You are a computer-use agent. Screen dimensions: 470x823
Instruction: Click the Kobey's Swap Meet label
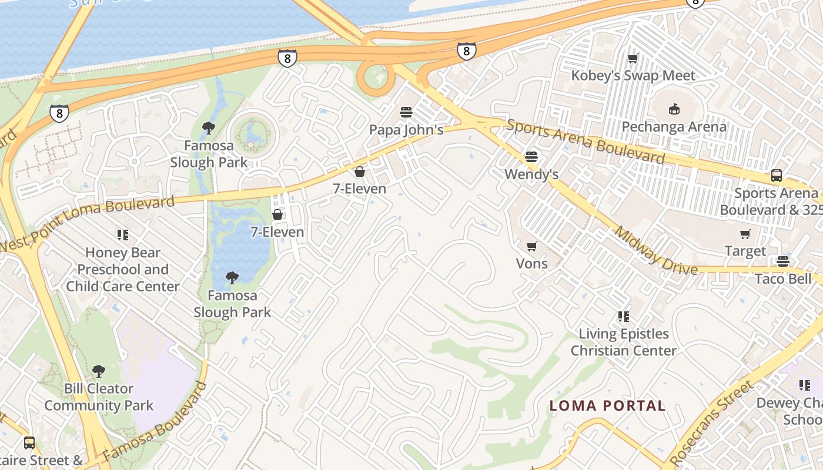pos(633,76)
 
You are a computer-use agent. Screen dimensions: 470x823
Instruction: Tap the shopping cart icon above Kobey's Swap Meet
pos(633,58)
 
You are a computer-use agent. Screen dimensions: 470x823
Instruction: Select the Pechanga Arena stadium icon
pos(674,109)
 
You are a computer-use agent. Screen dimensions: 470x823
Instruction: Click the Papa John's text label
pos(406,130)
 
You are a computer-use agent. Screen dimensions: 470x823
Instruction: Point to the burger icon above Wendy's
pos(531,156)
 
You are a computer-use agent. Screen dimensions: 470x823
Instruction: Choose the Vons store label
pos(531,264)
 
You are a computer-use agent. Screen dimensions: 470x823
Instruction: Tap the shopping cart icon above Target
pos(745,234)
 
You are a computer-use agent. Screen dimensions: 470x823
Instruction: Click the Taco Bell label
pos(782,278)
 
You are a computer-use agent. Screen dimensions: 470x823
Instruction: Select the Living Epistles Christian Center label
pos(624,342)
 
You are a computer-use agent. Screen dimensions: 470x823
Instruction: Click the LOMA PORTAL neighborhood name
pos(607,405)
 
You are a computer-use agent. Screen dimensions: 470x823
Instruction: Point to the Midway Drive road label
pos(655,250)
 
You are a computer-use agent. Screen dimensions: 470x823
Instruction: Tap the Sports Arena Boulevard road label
pos(586,141)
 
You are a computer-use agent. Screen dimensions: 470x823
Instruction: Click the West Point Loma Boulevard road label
pos(88,224)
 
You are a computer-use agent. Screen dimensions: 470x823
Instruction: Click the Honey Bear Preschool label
pos(123,270)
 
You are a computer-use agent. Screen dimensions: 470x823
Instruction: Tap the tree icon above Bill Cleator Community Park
pos(99,371)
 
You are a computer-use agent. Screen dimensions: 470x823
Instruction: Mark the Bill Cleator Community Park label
pos(99,397)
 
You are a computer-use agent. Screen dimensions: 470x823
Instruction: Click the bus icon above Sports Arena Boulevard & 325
pos(776,175)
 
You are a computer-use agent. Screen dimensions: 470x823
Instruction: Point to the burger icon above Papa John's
pos(406,112)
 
